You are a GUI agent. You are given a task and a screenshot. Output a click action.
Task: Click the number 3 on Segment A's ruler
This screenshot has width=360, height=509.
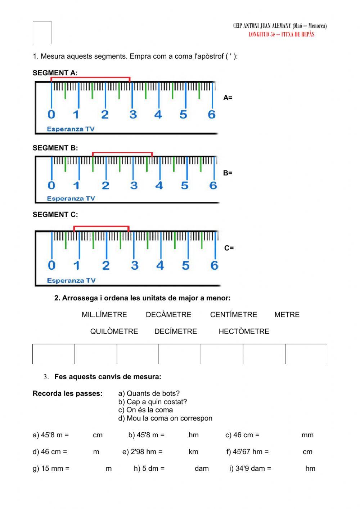[133, 115]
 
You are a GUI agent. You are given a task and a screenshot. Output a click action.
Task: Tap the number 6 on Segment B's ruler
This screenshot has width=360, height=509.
[213, 186]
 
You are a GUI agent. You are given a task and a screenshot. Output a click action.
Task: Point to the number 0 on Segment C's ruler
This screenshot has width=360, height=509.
[51, 265]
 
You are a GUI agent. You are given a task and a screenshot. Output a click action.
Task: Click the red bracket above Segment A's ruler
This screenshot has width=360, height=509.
[90, 77]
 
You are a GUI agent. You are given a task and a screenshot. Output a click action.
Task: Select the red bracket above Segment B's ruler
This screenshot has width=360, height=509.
[122, 153]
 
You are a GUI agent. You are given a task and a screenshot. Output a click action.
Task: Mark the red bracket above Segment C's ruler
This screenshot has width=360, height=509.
[101, 227]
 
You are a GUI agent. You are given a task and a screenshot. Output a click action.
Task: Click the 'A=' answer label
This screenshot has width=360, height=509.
[228, 98]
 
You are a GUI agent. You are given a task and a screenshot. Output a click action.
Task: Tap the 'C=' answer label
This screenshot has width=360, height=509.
[229, 248]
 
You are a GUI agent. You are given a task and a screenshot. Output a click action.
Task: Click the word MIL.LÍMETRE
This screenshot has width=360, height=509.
[104, 314]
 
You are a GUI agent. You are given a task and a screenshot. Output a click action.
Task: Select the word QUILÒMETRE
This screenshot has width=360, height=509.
[114, 331]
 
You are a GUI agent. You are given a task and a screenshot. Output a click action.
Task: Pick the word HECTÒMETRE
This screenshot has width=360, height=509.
[244, 331]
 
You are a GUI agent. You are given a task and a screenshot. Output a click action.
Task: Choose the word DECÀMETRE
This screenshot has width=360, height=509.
[168, 314]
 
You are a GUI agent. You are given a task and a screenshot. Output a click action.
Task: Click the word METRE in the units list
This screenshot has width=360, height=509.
[287, 314]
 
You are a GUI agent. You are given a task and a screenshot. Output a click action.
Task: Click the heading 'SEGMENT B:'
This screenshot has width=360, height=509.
[55, 148]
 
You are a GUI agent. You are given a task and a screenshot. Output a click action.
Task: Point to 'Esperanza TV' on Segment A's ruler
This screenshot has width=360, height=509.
[71, 129]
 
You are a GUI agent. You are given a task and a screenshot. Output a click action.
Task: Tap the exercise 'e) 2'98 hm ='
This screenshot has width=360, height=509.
[143, 452]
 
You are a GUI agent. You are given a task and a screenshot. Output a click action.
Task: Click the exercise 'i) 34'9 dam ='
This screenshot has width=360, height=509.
[250, 469]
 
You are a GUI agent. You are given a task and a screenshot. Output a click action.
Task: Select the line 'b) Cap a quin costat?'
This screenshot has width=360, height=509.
[153, 402]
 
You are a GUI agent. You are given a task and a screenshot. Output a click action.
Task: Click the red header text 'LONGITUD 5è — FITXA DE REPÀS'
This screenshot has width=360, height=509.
[282, 34]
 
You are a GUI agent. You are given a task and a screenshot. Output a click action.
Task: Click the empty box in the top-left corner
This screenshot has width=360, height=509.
[42, 32]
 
